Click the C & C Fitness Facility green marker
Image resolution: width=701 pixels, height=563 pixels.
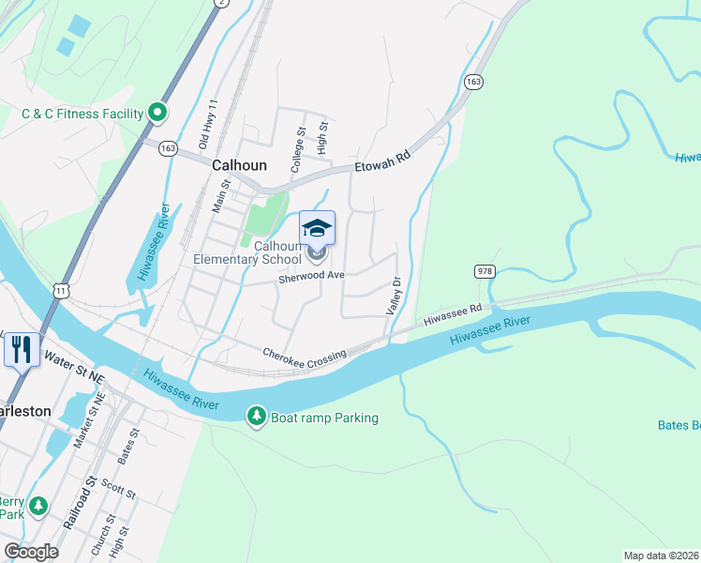pyautogui.click(x=157, y=114)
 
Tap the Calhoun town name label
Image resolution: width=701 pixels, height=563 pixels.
pyautogui.click(x=239, y=164)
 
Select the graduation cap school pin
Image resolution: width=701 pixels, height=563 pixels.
pyautogui.click(x=317, y=228)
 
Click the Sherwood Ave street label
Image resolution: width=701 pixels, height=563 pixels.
pyautogui.click(x=312, y=277)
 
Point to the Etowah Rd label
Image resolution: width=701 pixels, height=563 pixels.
pyautogui.click(x=382, y=163)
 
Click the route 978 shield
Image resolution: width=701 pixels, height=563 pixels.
pyautogui.click(x=485, y=271)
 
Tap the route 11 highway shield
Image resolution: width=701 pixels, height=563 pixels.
pyautogui.click(x=61, y=292)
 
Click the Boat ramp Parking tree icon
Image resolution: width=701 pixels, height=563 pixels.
pyautogui.click(x=256, y=417)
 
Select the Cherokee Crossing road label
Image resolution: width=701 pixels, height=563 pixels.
pyautogui.click(x=305, y=354)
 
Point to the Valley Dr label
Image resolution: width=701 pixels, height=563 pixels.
pyautogui.click(x=395, y=295)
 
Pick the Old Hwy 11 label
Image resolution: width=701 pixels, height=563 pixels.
pyautogui.click(x=207, y=124)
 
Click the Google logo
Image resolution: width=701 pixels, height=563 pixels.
pyautogui.click(x=31, y=552)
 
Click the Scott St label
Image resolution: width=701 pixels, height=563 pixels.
pyautogui.click(x=119, y=488)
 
